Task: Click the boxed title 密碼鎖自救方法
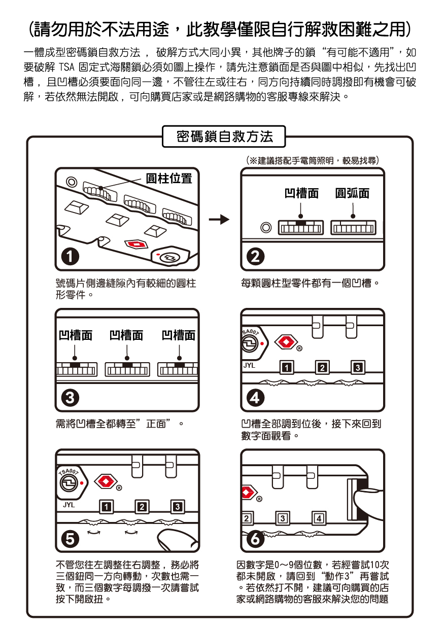[224, 136]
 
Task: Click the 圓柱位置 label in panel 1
[169, 179]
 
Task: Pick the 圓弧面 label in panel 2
[353, 193]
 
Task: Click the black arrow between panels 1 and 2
[219, 220]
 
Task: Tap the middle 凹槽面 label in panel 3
[126, 335]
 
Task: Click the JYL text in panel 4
[249, 365]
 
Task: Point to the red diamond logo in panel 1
[137, 244]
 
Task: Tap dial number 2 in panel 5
[142, 507]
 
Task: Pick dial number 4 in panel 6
[318, 518]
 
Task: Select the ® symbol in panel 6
[259, 500]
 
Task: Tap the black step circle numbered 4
[257, 398]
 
